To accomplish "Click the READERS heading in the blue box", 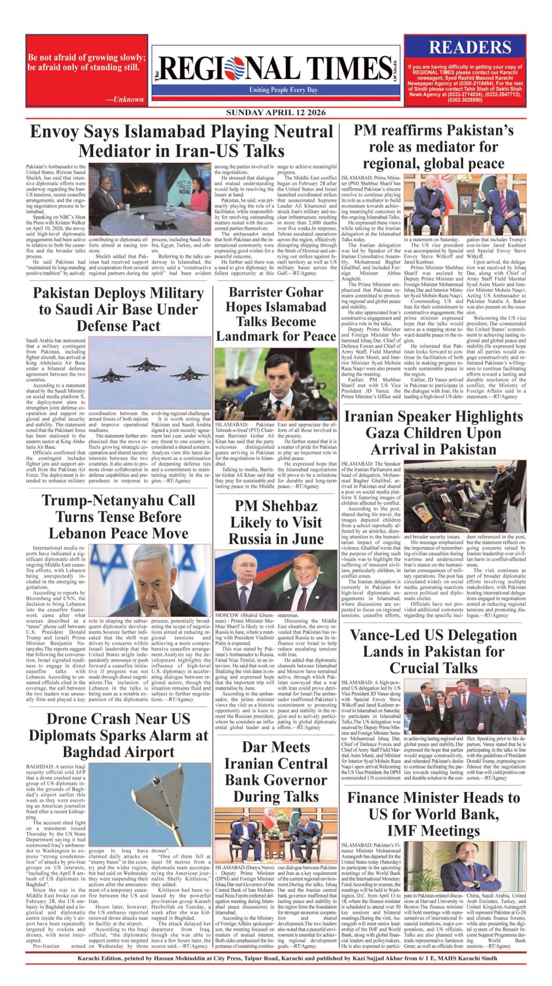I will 469,48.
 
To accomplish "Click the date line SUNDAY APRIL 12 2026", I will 276,113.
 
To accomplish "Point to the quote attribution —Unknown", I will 124,99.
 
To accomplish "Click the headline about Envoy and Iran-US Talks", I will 181,141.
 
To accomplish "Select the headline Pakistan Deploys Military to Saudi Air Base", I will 118,309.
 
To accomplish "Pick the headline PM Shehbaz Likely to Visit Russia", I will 276,523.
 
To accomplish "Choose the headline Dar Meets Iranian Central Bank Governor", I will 276,771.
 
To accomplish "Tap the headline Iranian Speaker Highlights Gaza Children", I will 433,433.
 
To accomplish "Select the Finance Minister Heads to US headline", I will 433,814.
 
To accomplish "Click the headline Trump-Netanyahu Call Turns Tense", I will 118,517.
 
